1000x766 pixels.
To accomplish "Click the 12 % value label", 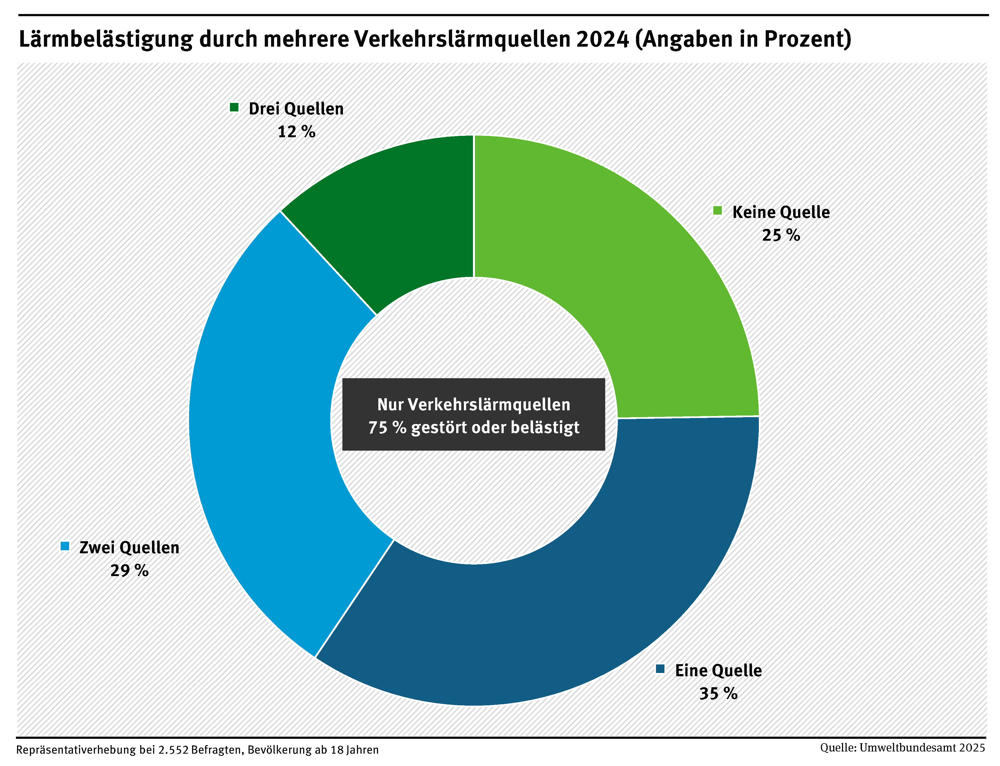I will point(296,132).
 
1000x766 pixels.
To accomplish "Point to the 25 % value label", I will point(781,235).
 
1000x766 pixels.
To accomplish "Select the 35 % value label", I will point(718,694).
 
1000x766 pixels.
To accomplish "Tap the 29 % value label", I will point(129,570).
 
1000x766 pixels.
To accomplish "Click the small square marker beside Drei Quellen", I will point(234,108).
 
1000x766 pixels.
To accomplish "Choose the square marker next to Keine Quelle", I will point(717,211).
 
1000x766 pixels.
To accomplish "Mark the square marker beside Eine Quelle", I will point(660,669).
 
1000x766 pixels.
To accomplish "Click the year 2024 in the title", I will point(602,39).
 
